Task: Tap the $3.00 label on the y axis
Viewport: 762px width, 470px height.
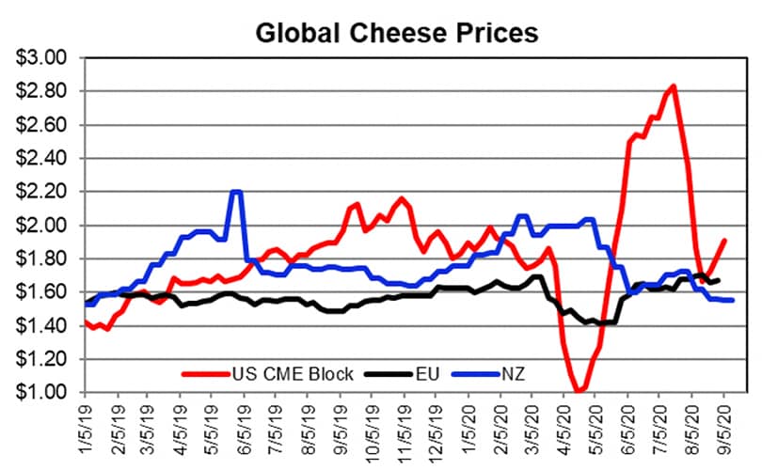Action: [x=42, y=58]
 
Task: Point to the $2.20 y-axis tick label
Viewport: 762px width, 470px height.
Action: [x=42, y=192]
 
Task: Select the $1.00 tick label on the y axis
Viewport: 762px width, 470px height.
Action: [x=42, y=392]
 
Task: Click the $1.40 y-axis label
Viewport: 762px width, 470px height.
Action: [x=42, y=325]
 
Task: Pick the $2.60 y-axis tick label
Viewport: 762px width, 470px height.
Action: [x=42, y=125]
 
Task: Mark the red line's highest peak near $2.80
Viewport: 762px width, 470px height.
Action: [x=673, y=86]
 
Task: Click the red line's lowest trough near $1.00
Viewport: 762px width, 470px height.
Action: [x=579, y=390]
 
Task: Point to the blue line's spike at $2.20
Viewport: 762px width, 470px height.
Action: [x=236, y=192]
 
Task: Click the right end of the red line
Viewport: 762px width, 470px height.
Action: [x=725, y=240]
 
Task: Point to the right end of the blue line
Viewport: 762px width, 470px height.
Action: [x=733, y=300]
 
